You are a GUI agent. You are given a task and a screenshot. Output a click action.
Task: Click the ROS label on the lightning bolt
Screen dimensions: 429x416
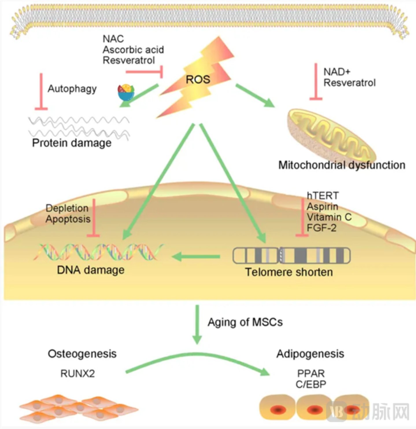coord(198,79)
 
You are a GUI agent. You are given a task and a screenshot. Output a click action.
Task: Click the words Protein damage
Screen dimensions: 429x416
coord(72,143)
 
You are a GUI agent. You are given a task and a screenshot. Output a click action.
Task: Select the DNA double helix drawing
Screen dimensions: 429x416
coord(98,252)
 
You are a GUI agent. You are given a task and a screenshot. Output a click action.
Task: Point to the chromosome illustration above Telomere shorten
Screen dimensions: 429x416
coord(291,255)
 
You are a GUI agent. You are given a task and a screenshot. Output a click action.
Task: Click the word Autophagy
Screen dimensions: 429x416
coord(72,89)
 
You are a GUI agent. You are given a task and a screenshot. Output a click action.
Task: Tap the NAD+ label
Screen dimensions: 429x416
coord(337,72)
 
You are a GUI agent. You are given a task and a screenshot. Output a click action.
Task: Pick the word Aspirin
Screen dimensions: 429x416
coord(322,207)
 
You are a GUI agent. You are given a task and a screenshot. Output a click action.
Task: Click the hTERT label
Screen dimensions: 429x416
coord(322,196)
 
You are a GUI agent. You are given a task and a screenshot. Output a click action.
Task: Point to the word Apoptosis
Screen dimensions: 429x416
coord(68,219)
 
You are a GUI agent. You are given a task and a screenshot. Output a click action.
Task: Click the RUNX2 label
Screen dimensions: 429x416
coord(77,374)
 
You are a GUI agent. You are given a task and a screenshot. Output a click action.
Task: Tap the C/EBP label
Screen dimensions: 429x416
coord(311,384)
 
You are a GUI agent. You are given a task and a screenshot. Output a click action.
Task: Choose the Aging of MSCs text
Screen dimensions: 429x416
coord(245,322)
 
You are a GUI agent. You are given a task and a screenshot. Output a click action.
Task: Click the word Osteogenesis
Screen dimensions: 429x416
coord(82,354)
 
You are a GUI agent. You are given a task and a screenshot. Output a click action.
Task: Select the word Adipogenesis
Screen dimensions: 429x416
coord(310,354)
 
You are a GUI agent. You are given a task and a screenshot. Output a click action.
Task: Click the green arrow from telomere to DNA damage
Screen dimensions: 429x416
coord(197,256)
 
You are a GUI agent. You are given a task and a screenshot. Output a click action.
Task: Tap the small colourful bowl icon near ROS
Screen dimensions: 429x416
coord(126,92)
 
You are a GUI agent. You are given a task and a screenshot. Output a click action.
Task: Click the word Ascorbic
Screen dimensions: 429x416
coord(120,50)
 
